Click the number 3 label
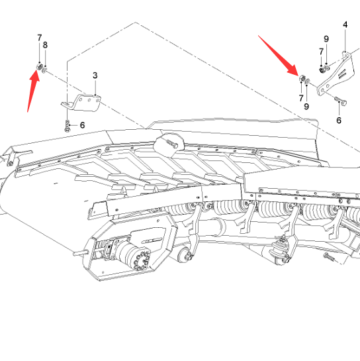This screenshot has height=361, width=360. tap(95, 76)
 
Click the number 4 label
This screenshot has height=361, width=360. tap(345, 25)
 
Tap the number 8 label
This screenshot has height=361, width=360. tap(45, 45)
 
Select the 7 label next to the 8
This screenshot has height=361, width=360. tap(39, 38)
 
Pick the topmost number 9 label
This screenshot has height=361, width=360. tap(326, 39)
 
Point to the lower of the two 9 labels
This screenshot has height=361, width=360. tap(306, 107)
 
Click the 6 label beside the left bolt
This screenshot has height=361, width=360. tap(82, 125)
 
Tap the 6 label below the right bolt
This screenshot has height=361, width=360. tap(339, 120)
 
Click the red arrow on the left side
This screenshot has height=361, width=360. tap(33, 91)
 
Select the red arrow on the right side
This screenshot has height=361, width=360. tap(278, 55)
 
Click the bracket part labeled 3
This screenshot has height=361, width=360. tap(81, 103)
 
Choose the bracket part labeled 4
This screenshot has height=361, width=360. tap(336, 74)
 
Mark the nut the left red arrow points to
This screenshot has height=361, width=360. tap(39, 67)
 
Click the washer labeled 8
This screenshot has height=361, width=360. tap(44, 70)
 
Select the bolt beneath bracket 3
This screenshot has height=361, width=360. tap(67, 126)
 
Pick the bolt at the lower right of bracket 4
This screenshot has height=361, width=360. tap(341, 101)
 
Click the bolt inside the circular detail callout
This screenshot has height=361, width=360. tap(171, 143)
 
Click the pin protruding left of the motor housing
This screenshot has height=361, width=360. tap(81, 253)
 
